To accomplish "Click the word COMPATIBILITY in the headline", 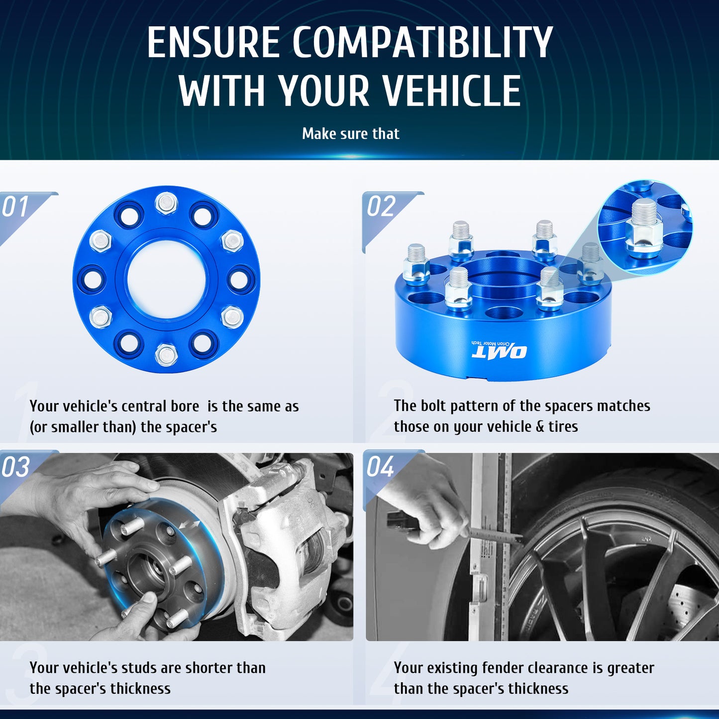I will (x=422, y=42).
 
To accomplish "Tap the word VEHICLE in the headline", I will (x=451, y=92).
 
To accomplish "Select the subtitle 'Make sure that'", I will (x=350, y=134).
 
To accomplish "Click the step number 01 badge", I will (x=16, y=207).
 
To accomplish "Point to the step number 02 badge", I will (x=381, y=207).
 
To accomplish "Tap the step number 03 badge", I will (x=16, y=467).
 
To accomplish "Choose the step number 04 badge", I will (x=381, y=467).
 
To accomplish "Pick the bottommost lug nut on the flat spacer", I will (x=166, y=354).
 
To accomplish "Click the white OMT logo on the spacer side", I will (x=499, y=352).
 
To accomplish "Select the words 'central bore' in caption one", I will (x=160, y=407).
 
